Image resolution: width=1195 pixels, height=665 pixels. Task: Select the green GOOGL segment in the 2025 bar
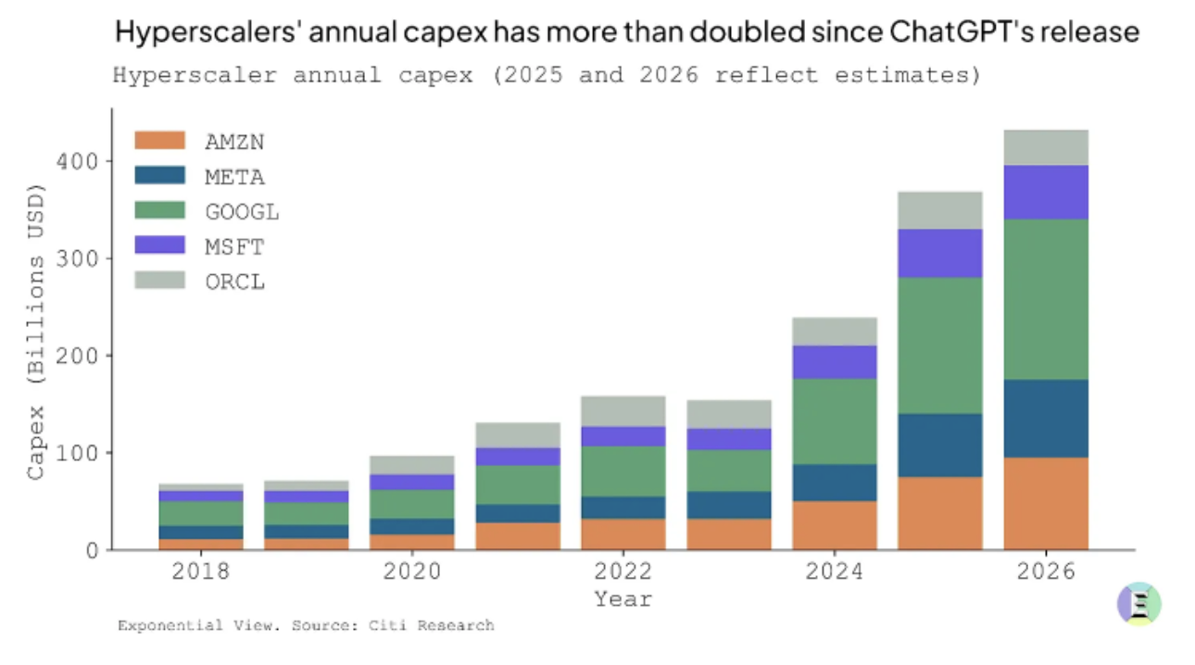point(940,345)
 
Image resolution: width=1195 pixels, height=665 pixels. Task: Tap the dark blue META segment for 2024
point(835,483)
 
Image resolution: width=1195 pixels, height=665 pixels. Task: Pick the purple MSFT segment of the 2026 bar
point(1046,192)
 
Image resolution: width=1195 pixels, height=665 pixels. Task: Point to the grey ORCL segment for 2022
point(623,411)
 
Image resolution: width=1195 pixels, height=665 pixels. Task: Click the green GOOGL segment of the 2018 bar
point(201,513)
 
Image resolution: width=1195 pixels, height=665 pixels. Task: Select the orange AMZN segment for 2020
point(412,542)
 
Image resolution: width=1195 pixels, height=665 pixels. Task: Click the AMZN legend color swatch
point(159,141)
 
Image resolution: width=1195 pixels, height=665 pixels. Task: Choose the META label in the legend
point(234,176)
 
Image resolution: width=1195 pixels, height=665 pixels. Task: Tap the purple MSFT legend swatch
point(159,246)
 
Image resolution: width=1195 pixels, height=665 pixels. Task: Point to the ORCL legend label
point(234,282)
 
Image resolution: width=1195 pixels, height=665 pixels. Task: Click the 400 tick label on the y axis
point(79,161)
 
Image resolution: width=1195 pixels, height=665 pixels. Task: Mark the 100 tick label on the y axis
point(79,453)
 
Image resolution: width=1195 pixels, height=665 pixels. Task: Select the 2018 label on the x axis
point(201,571)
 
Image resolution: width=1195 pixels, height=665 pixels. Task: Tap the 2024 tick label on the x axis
point(835,571)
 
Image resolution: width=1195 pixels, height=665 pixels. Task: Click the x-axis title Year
point(623,599)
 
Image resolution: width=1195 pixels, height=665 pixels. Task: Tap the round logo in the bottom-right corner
point(1138,604)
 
